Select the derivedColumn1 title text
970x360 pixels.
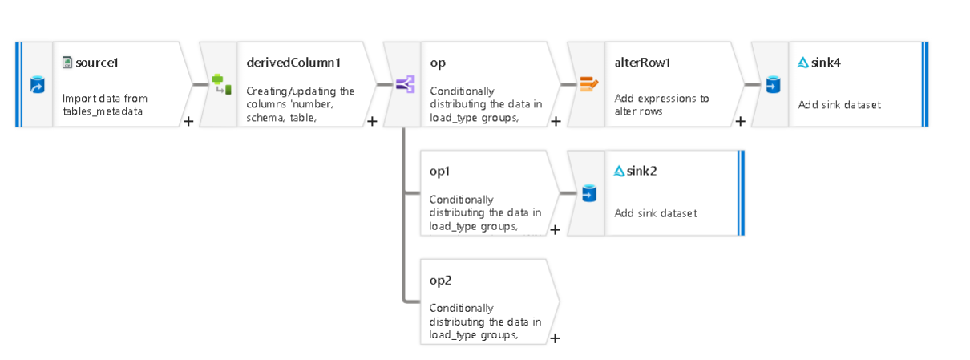pos(293,62)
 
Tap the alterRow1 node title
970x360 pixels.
pos(642,62)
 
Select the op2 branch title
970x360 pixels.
pos(440,280)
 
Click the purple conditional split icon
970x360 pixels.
pos(405,83)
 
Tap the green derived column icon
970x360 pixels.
pos(221,83)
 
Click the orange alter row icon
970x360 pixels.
pos(589,83)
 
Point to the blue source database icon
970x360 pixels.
pos(37,84)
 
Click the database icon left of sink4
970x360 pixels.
pos(772,83)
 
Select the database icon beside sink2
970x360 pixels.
pos(588,193)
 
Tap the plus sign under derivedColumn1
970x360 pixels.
pos(372,121)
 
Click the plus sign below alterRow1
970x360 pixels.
pos(740,121)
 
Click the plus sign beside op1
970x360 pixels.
pos(555,230)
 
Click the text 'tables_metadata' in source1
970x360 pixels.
pos(103,111)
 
